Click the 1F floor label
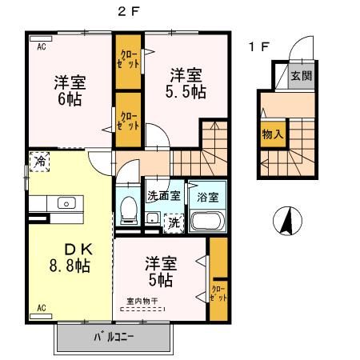click(x=258, y=46)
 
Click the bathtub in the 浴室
click(x=206, y=222)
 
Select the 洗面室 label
click(x=162, y=196)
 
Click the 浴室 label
click(x=207, y=196)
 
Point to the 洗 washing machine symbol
click(x=174, y=223)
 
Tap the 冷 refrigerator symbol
click(x=39, y=162)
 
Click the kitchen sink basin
click(x=64, y=202)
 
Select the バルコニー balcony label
click(x=113, y=336)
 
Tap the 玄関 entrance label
click(x=301, y=78)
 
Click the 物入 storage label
click(x=272, y=134)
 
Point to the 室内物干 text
click(x=141, y=302)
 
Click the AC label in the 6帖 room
click(x=41, y=46)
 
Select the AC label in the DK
click(x=40, y=306)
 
